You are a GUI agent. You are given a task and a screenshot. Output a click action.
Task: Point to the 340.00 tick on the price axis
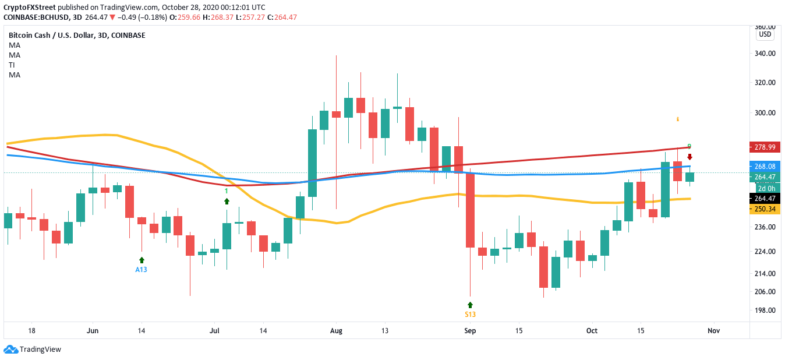click(x=765, y=54)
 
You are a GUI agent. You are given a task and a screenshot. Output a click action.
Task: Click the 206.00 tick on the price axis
click(x=765, y=292)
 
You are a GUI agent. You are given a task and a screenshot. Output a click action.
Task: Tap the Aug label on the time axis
click(x=335, y=331)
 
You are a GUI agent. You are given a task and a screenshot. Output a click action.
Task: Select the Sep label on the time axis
click(x=470, y=331)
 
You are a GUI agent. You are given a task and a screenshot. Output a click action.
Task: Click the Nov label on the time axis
click(x=714, y=331)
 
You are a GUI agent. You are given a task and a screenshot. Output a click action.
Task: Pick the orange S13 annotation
click(x=470, y=315)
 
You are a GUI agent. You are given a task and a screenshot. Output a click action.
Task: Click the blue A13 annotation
click(x=141, y=270)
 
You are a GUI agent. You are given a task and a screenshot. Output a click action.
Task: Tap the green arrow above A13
click(x=141, y=260)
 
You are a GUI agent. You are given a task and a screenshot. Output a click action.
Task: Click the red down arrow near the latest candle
click(x=689, y=157)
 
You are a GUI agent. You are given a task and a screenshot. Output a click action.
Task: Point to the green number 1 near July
click(x=226, y=190)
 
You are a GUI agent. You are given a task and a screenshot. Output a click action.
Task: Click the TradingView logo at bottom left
click(x=33, y=350)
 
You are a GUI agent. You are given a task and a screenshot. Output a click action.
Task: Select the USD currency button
click(x=765, y=34)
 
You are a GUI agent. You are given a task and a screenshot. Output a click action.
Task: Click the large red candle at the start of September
click(x=470, y=210)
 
